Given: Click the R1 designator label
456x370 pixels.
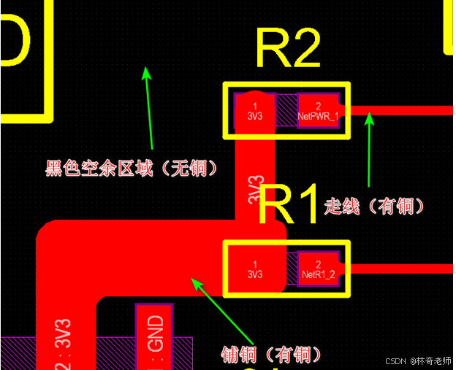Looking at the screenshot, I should [289, 205].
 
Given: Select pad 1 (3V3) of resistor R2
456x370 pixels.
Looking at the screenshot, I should [254, 111].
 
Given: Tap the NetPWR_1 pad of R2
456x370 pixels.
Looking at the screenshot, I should [318, 111].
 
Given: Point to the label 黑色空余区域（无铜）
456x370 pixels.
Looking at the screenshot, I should [132, 169].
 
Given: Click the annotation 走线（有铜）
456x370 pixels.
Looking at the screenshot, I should [373, 207].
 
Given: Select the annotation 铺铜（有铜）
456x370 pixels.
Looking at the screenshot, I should [271, 355].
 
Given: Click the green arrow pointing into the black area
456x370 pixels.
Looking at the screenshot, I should [148, 106].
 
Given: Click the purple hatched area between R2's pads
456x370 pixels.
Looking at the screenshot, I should [286, 111].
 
